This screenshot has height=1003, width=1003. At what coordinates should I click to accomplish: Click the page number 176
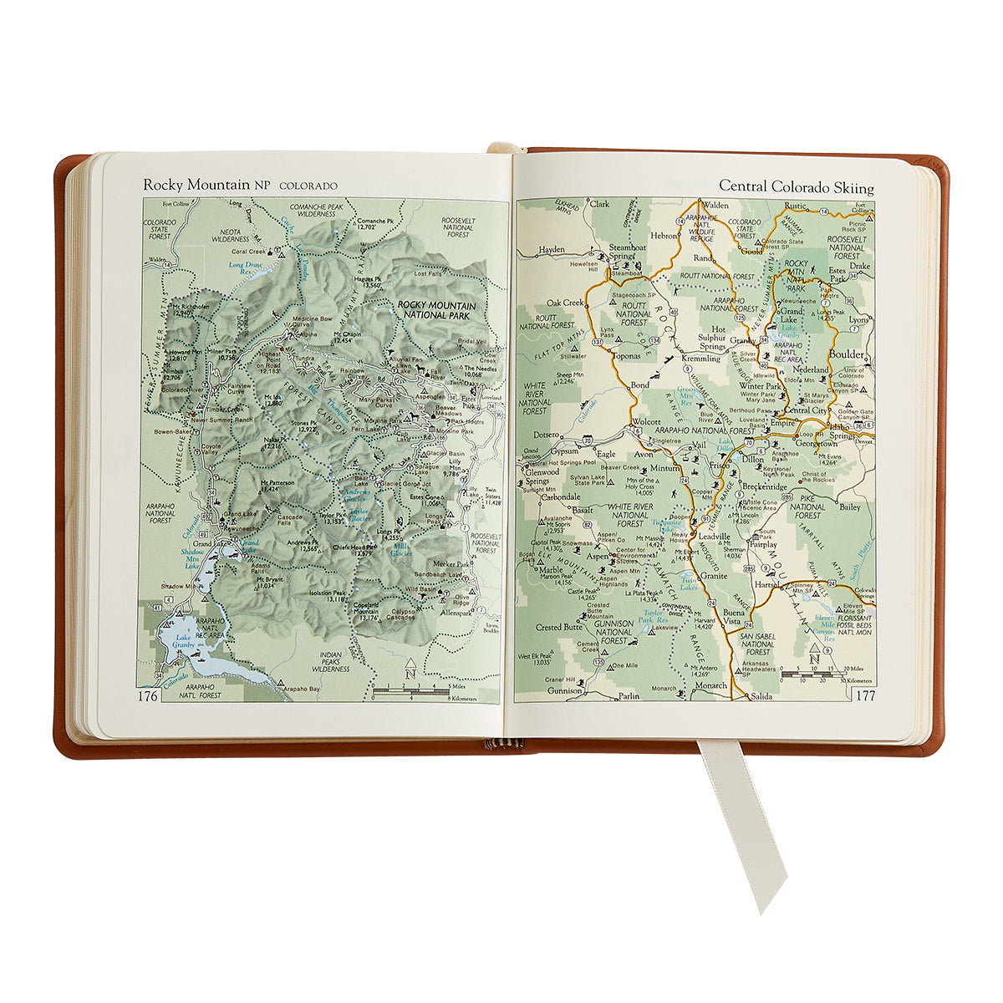(x=149, y=695)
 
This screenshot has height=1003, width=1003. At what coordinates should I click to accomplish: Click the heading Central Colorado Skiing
(x=797, y=187)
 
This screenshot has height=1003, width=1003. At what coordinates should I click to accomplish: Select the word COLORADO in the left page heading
(x=308, y=186)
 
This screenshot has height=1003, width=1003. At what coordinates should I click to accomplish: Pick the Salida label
(x=761, y=695)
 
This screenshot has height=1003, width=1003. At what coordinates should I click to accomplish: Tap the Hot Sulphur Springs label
(x=712, y=338)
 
